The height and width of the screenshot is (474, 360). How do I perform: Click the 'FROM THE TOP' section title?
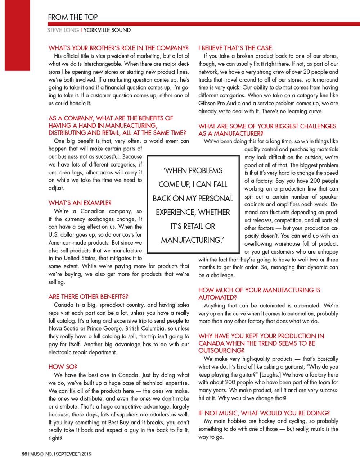coord(73,17)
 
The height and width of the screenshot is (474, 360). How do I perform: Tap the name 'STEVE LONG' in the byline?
coord(63,30)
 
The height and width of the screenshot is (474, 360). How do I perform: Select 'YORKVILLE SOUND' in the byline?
coord(107,30)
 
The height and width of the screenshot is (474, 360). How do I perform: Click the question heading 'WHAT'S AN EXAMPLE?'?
coord(80,203)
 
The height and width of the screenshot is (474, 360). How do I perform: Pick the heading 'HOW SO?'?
coord(63,367)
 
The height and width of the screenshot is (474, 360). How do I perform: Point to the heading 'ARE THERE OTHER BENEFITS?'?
coord(88,297)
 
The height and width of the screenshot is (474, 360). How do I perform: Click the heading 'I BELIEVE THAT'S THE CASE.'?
coord(236,48)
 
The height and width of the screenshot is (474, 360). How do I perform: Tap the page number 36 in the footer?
coord(24,454)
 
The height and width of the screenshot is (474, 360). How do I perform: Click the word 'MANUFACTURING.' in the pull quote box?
coord(192,240)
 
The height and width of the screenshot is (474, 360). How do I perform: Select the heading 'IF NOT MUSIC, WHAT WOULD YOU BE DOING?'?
coord(264,413)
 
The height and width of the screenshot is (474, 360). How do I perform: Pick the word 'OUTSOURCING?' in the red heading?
coord(221,351)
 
